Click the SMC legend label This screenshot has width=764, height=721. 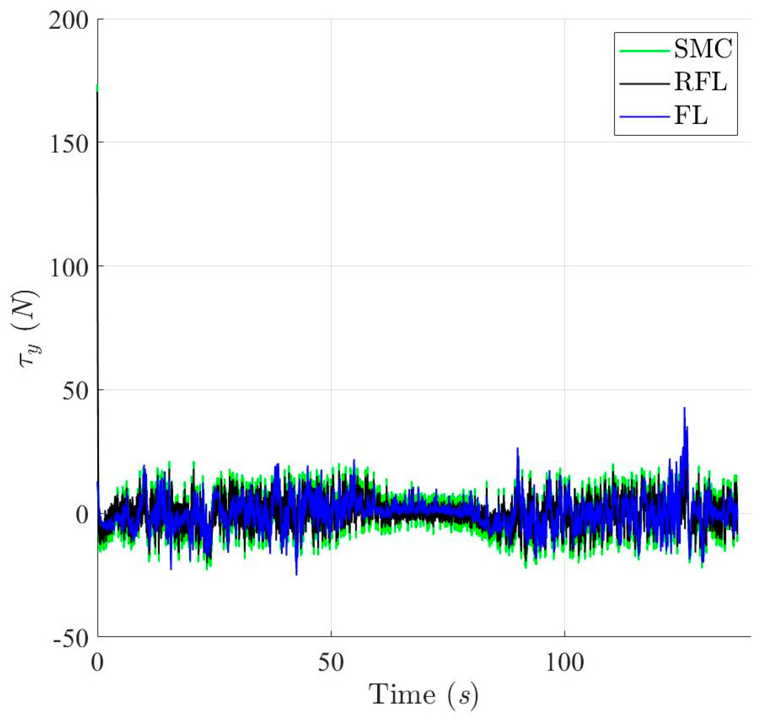click(x=703, y=49)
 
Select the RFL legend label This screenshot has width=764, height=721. click(x=700, y=82)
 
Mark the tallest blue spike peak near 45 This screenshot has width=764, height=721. click(x=684, y=408)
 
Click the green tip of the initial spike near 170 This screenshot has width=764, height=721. click(x=97, y=88)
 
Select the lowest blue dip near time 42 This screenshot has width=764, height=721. click(x=296, y=575)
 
